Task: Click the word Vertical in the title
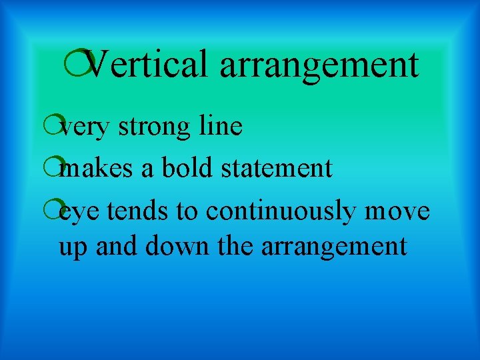click(x=147, y=65)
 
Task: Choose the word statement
click(x=276, y=168)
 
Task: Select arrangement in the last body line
click(x=333, y=247)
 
